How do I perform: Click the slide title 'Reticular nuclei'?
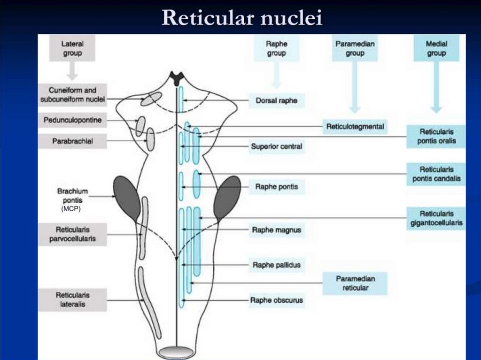(242, 17)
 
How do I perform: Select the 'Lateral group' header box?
(72, 48)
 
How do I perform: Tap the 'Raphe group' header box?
(276, 48)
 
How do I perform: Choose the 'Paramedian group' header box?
(355, 48)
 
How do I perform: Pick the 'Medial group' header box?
(436, 48)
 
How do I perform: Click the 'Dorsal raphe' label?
(276, 100)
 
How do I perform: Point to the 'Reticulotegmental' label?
(355, 126)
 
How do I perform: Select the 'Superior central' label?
(276, 146)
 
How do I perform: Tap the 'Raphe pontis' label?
(276, 187)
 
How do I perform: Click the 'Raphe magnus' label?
(276, 230)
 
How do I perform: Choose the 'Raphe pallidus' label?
(276, 265)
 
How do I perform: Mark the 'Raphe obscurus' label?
(276, 300)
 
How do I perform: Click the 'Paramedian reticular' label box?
(355, 283)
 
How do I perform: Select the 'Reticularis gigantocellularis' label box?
(436, 218)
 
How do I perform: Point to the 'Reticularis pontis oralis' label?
(436, 136)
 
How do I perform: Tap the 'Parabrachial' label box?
(72, 141)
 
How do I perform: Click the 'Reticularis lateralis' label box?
(72, 300)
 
